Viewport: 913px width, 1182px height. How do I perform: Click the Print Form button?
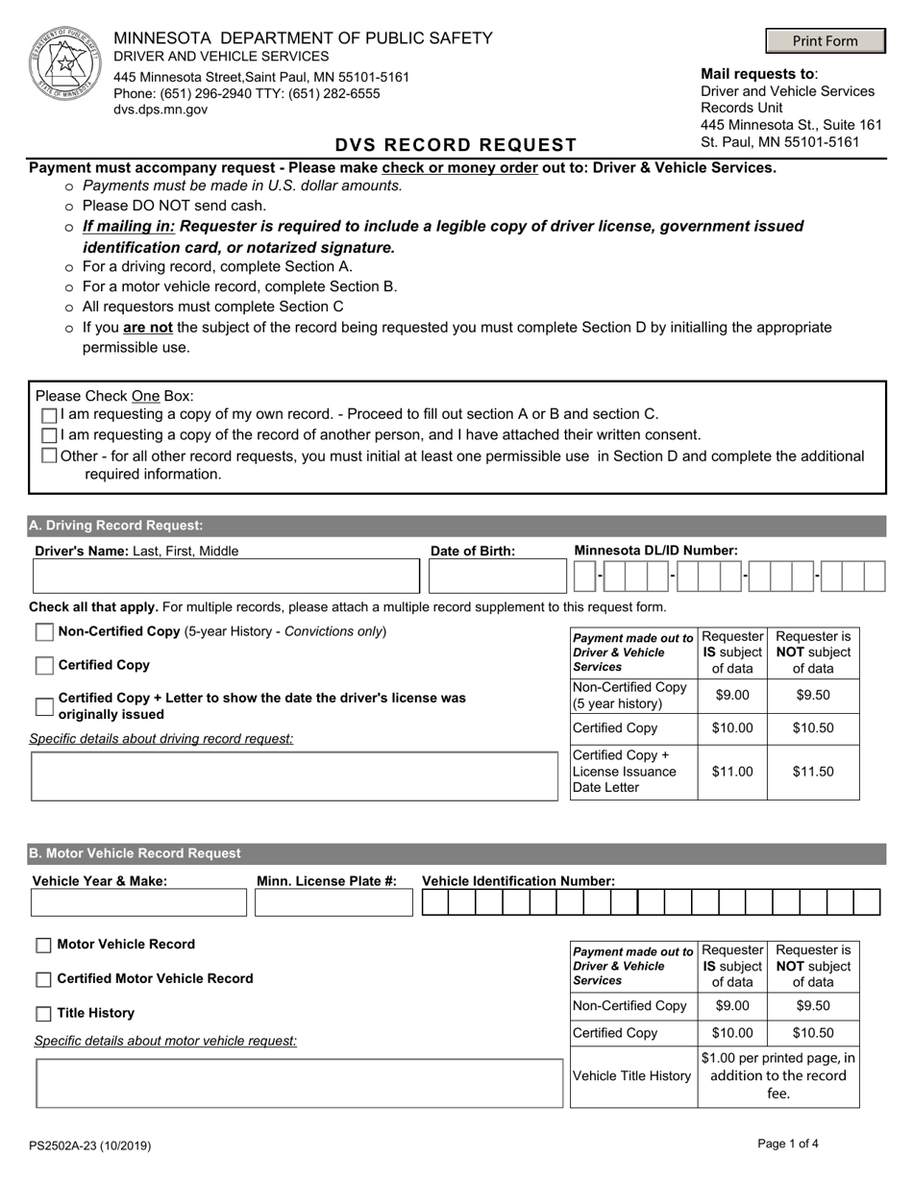tap(826, 41)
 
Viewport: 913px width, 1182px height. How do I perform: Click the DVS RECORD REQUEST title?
tap(456, 145)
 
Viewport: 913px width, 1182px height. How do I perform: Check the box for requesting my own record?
tap(50, 415)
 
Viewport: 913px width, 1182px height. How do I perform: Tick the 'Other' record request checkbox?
tap(50, 456)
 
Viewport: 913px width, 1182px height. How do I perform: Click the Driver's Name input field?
tap(226, 577)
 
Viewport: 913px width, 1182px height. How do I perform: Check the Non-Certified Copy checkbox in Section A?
tap(44, 632)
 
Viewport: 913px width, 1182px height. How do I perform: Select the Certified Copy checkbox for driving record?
tap(44, 666)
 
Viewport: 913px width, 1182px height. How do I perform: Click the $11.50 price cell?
tap(813, 772)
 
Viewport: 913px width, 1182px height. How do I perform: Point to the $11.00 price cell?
tap(732, 772)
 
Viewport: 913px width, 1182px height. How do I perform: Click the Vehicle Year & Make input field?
tap(139, 903)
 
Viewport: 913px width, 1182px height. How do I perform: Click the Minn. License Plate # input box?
tap(332, 903)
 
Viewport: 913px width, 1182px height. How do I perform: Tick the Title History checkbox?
tap(44, 1014)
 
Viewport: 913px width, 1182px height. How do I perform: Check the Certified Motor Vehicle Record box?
tap(44, 980)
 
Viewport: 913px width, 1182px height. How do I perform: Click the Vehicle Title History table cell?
tap(632, 1076)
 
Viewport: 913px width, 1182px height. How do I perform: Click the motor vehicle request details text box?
tap(299, 1083)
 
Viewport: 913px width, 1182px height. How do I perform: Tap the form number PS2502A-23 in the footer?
tap(89, 1145)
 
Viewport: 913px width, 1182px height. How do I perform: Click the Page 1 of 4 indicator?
tap(788, 1144)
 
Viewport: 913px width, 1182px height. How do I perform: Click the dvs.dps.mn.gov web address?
tap(160, 110)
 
